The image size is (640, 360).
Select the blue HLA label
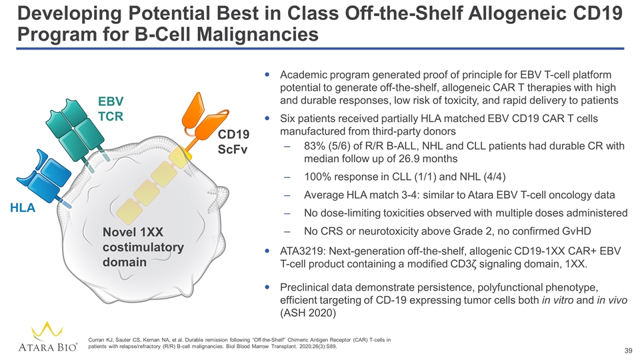pos(22,209)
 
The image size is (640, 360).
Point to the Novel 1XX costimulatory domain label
pos(143,246)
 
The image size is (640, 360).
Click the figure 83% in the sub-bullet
pos(315,146)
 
